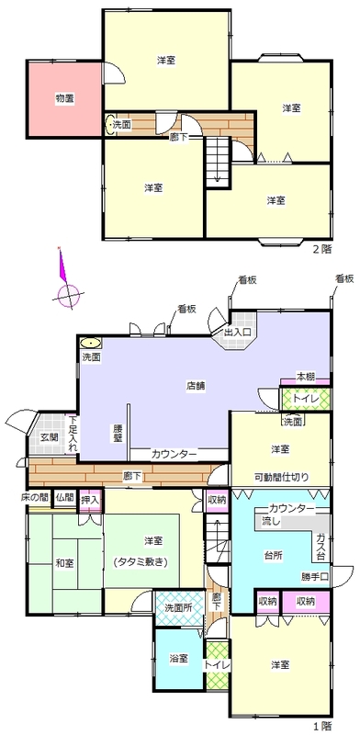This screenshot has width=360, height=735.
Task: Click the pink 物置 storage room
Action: (x=64, y=99)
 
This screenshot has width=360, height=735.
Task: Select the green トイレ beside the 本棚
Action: (x=306, y=399)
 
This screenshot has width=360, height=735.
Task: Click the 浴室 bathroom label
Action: (x=178, y=658)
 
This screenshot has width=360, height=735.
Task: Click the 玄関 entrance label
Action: (x=49, y=438)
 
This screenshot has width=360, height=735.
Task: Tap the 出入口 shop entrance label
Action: (x=238, y=333)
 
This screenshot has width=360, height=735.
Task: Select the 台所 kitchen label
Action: (x=273, y=555)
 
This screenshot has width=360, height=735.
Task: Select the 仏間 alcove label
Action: (x=64, y=496)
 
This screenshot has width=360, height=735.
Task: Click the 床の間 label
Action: (x=35, y=496)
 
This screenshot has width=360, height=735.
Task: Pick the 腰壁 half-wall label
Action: (x=118, y=433)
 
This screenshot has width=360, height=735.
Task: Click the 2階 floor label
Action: (x=322, y=249)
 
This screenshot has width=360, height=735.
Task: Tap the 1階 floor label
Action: (x=322, y=727)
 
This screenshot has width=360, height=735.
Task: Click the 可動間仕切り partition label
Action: (x=282, y=478)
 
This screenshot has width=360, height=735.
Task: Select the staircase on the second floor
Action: (x=218, y=162)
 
